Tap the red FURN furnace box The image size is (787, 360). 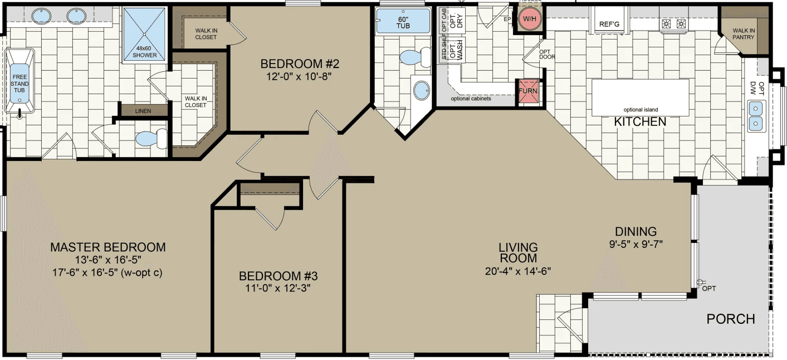(527, 91)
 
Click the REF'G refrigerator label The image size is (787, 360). (609, 24)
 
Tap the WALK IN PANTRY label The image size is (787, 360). (743, 34)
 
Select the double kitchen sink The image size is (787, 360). (756, 115)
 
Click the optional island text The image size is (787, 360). (641, 110)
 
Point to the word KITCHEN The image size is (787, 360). (640, 121)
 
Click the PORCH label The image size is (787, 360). (731, 319)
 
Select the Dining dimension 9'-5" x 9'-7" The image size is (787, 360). (636, 244)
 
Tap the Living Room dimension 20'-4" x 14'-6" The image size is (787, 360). (518, 271)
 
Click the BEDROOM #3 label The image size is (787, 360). (278, 276)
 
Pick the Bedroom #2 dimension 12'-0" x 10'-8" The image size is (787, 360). (300, 77)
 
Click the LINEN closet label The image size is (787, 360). (143, 111)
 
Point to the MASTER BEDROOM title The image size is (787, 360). (107, 247)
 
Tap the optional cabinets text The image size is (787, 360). (471, 99)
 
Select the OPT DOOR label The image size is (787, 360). (547, 54)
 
